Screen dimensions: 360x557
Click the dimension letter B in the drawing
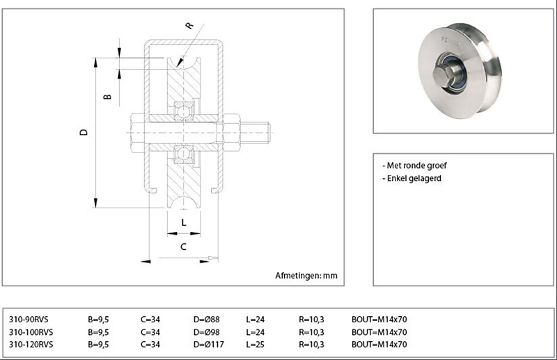coord(108,96)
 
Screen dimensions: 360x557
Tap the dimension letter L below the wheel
coord(183,222)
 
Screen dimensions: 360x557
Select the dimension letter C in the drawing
coord(183,246)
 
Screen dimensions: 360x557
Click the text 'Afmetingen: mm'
coord(306,276)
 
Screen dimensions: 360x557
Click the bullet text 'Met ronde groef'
coord(416,166)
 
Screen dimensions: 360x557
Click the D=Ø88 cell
coord(207,320)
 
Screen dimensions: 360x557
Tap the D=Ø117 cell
coord(210,344)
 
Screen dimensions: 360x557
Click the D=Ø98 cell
coord(207,332)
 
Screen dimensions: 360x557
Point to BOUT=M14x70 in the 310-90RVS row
coord(379,320)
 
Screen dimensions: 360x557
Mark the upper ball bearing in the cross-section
coord(185,110)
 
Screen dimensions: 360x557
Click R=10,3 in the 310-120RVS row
coord(311,344)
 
